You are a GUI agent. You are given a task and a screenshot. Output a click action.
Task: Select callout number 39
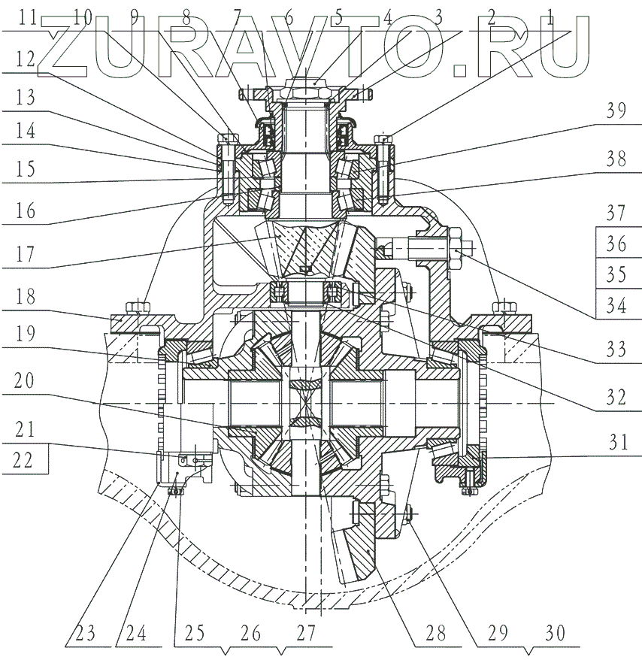[x=616, y=111]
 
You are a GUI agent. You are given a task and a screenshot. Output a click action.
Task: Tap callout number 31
[x=616, y=444]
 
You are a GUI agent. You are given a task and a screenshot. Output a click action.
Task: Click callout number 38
[x=616, y=160]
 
